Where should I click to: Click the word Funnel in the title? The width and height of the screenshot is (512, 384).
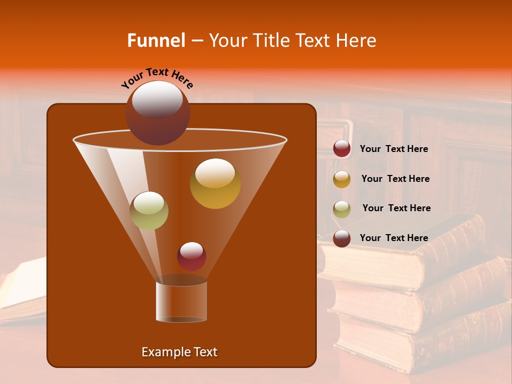[156, 41]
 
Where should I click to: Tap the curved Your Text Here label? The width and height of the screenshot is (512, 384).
[157, 78]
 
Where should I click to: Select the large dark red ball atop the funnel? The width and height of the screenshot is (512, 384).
[158, 113]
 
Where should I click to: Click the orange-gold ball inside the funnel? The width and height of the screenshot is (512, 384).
[215, 183]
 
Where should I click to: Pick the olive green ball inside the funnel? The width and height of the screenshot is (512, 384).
[149, 210]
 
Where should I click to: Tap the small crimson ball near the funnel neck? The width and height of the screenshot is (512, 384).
[191, 256]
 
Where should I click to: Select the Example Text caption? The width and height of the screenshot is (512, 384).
[179, 352]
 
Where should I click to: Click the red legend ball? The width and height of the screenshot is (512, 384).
[342, 149]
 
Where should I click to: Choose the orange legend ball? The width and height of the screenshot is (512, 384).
[342, 179]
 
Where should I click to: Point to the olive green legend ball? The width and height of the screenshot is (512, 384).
[342, 209]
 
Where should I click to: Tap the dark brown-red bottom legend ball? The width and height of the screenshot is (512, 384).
[342, 238]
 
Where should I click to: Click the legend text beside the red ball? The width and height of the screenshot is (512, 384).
[394, 149]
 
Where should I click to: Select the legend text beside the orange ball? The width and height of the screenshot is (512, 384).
[395, 179]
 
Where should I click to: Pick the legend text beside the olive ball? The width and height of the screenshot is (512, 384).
[396, 209]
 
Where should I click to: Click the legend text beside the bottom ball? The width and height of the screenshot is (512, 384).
[394, 238]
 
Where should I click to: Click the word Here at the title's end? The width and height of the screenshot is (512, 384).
[358, 41]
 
